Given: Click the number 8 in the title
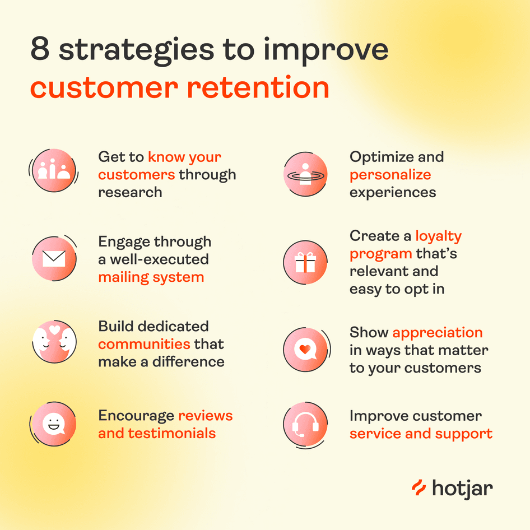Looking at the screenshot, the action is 40,49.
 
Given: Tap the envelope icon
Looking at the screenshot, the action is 54,259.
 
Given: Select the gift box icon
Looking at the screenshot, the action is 305,262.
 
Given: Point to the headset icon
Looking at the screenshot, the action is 305,425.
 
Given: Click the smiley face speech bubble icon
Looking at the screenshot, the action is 54,424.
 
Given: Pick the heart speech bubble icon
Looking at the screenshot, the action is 305,349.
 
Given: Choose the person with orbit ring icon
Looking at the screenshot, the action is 305,174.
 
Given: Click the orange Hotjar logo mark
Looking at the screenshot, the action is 419,488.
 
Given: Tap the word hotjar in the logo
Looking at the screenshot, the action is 462,489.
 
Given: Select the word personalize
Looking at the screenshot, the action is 390,175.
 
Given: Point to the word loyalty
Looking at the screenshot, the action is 439,236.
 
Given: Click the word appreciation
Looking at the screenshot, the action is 438,333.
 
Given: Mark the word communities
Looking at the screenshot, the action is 144,344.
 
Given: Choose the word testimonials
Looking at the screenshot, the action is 171,433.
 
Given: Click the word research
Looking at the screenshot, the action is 130,192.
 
